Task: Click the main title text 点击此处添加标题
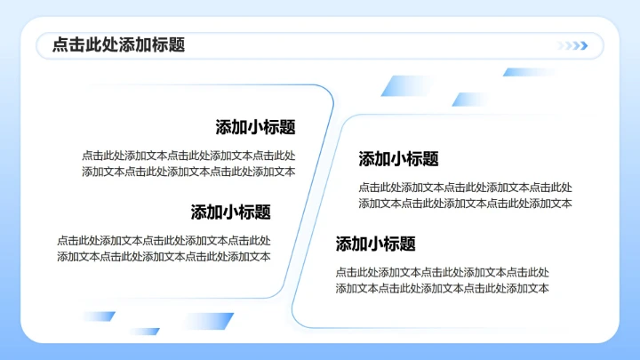(x=119, y=45)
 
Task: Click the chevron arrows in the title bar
(x=573, y=46)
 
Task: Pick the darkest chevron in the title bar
(x=583, y=46)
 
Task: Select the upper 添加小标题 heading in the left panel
(x=255, y=127)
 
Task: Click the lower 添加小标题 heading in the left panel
(x=230, y=212)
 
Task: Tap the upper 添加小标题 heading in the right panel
(x=398, y=159)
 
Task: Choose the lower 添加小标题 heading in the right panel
(x=375, y=244)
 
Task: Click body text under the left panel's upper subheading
(x=188, y=164)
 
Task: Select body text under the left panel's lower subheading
(x=164, y=248)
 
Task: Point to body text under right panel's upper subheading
(x=465, y=196)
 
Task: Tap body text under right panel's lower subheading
(x=442, y=280)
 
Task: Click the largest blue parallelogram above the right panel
(x=404, y=86)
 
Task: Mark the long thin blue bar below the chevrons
(x=528, y=72)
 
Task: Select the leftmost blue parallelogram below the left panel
(x=99, y=316)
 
